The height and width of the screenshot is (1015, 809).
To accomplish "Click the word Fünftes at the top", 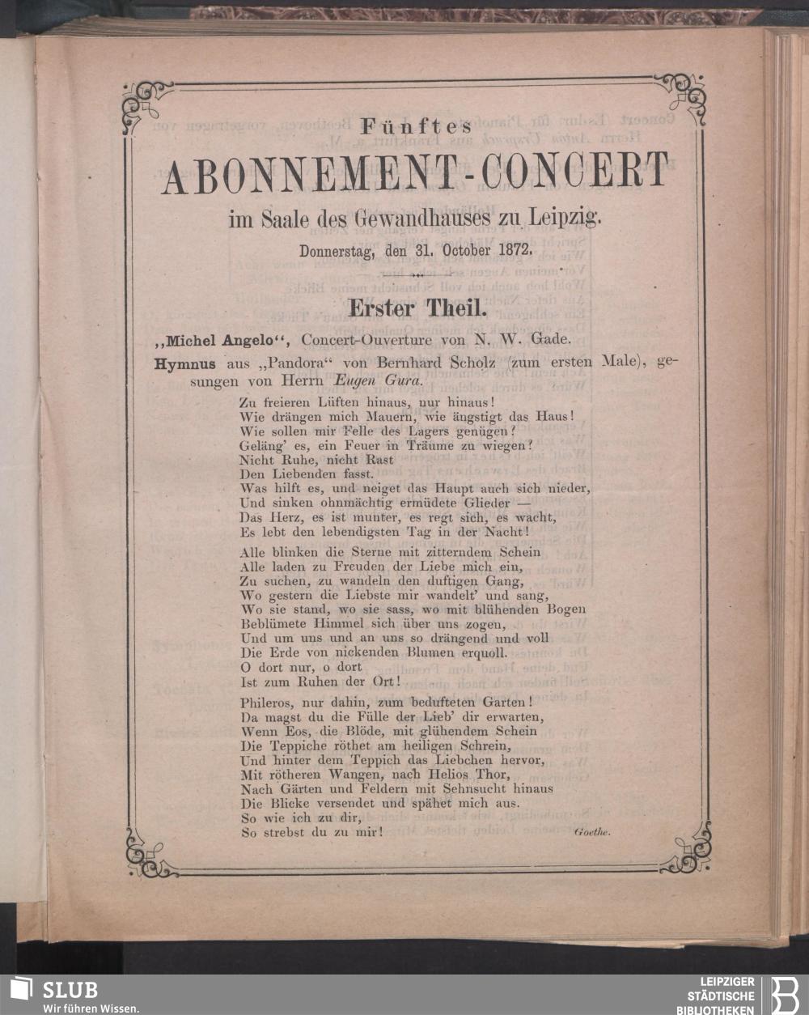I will coord(415,128).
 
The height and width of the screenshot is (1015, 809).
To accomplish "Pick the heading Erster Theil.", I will coord(415,308).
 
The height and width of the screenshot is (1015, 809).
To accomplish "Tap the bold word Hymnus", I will coord(184,363).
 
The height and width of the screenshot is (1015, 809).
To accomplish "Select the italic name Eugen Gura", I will coord(375,380).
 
